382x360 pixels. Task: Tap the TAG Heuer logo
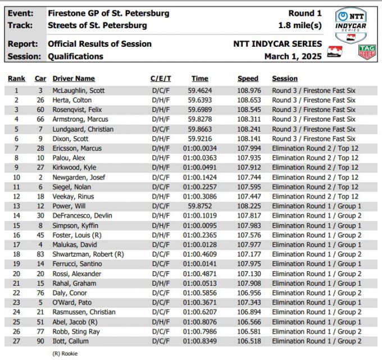tap(367, 52)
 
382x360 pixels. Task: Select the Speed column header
tap(248, 79)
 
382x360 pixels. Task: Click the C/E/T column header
tap(161, 79)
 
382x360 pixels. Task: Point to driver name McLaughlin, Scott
tap(78, 91)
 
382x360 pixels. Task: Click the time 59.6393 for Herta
tap(199, 100)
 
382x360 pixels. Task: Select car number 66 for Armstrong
tap(40, 119)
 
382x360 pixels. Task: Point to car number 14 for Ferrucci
tap(40, 264)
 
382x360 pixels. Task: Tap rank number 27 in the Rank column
tap(16, 341)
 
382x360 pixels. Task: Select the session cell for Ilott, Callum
tap(316, 341)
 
